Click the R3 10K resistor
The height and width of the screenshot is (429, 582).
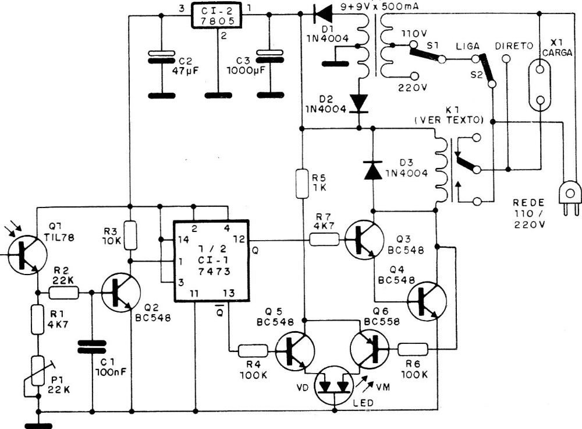point(130,231)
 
